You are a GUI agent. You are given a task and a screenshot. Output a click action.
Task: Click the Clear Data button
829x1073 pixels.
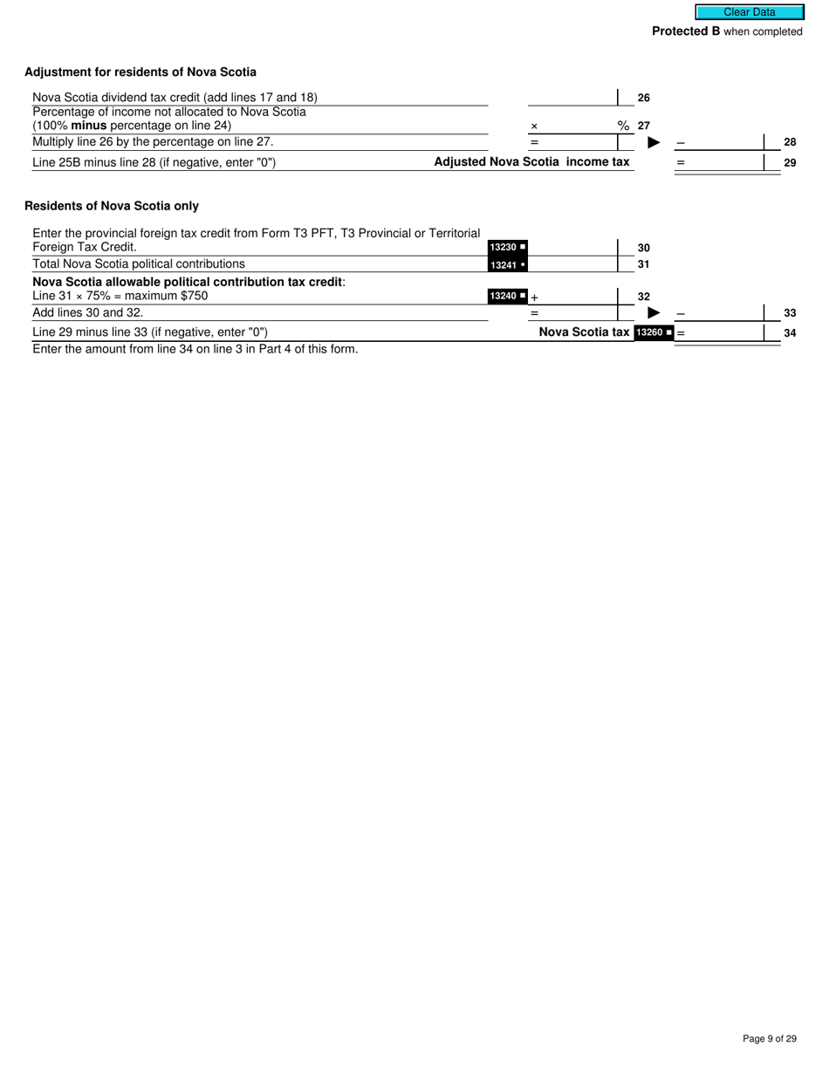[749, 12]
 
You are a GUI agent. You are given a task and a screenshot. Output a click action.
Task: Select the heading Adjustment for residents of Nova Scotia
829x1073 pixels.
[140, 72]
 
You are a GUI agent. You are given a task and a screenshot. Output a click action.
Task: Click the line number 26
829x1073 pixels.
[644, 99]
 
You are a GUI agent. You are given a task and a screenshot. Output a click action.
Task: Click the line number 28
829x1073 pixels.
[790, 142]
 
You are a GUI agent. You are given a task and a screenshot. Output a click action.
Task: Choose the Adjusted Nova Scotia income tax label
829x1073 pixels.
[531, 161]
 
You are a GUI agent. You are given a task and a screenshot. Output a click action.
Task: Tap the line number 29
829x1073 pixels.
[790, 162]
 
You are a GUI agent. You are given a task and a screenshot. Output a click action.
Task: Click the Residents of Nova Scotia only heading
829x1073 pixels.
[112, 206]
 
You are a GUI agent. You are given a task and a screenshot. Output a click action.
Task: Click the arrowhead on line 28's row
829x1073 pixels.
[654, 142]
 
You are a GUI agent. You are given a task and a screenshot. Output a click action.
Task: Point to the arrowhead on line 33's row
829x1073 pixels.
[654, 312]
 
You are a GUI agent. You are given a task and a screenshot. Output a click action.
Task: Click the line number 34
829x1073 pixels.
[790, 332]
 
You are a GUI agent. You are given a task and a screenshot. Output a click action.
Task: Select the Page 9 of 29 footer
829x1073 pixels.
[770, 1038]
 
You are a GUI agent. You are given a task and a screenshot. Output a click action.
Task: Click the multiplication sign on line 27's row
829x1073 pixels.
[534, 126]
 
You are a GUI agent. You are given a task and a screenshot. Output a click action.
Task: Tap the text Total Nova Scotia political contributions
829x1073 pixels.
[139, 263]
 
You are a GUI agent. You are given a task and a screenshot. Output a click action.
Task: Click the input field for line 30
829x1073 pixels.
[572, 247]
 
